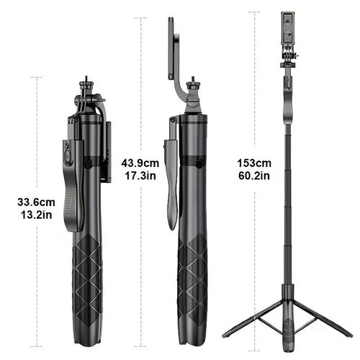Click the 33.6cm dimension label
click(x=37, y=202)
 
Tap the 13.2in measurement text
click(x=37, y=214)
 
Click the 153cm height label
click(x=254, y=162)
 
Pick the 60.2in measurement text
click(x=254, y=174)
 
